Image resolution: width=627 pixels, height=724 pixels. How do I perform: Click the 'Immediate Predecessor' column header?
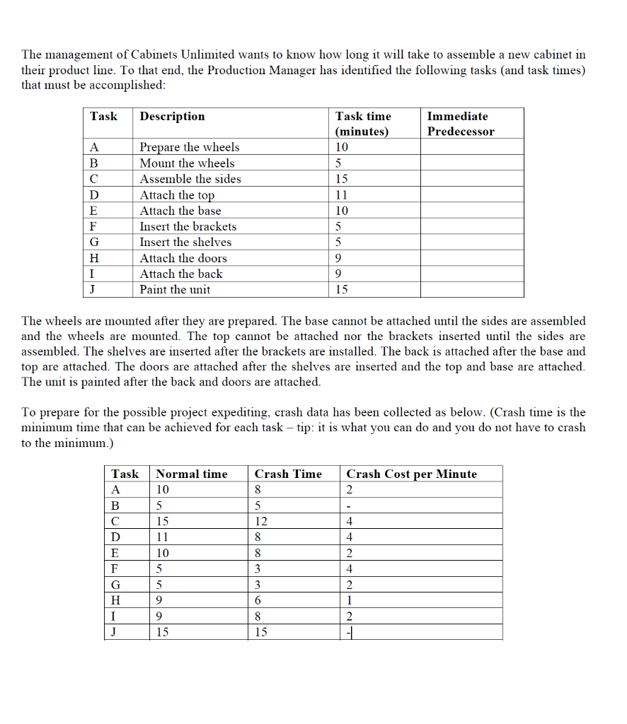461,124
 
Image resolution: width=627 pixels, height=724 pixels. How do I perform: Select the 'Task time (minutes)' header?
363,124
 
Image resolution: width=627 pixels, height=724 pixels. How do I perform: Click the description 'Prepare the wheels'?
189,147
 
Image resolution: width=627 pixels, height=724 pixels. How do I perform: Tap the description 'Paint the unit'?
175,289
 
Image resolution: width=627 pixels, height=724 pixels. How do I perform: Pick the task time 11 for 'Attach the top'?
342,195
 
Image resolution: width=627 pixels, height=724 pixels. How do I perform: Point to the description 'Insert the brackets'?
188,226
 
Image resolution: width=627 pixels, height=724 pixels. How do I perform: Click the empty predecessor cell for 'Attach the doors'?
472,258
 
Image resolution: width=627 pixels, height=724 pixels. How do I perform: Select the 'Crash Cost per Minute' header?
411,474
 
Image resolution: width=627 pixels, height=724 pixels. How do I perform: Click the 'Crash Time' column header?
288,474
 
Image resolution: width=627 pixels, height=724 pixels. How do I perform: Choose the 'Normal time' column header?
192,474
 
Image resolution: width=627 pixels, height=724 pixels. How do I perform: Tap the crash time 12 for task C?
261,521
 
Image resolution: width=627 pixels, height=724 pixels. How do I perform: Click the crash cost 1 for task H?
350,600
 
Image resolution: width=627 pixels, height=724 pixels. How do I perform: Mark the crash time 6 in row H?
258,600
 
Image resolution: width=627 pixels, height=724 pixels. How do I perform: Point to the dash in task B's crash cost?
349,506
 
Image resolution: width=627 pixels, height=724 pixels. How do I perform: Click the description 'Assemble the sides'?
190,179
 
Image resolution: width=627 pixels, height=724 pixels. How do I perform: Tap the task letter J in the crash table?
115,632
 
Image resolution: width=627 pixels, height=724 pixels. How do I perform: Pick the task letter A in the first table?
94,147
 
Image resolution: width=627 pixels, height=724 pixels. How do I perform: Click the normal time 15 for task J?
162,632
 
